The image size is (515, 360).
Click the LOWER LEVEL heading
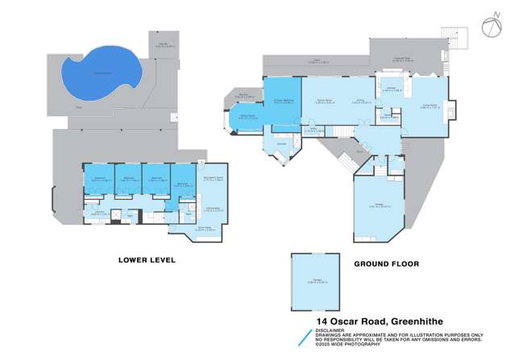(x=146, y=260)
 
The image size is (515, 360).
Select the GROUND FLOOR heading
(x=381, y=263)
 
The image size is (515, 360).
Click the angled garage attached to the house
(x=377, y=209)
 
